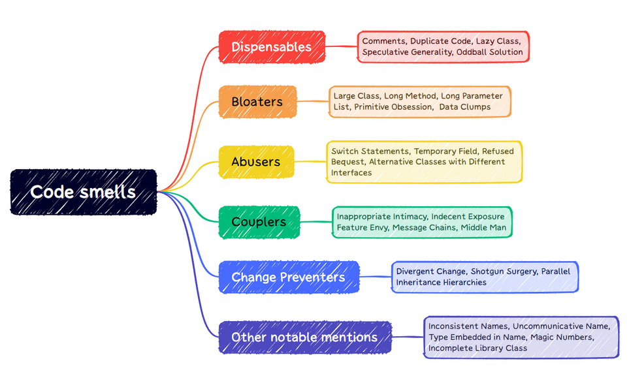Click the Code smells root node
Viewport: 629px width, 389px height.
83,192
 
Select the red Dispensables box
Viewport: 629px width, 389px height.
271,47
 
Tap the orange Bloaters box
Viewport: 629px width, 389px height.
257,102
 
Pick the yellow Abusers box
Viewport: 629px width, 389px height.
255,162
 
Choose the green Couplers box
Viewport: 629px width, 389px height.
259,222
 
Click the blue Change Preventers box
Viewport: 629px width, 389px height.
288,277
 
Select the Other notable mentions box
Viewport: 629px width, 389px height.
304,337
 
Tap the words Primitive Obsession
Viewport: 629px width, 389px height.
393,107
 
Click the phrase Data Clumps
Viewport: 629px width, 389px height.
464,107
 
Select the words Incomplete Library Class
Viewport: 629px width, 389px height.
477,348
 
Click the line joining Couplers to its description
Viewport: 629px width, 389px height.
316,222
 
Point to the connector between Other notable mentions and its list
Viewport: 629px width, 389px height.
408,337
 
